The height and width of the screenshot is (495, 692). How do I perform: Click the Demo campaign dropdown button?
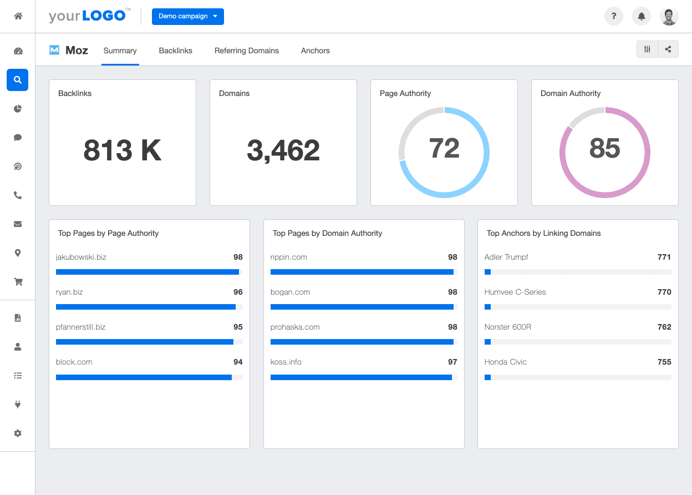pyautogui.click(x=187, y=17)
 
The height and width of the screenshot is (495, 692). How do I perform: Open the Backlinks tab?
pyautogui.click(x=175, y=50)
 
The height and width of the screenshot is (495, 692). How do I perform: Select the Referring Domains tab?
pyautogui.click(x=246, y=50)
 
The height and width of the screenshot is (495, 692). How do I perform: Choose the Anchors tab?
pyautogui.click(x=315, y=50)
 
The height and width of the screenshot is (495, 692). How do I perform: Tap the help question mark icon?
pyautogui.click(x=613, y=17)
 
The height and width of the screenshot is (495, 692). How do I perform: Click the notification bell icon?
pyautogui.click(x=642, y=17)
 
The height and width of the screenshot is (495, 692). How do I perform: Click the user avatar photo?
pyautogui.click(x=669, y=17)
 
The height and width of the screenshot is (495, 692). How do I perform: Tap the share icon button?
pyautogui.click(x=668, y=49)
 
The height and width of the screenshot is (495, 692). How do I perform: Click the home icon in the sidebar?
pyautogui.click(x=18, y=16)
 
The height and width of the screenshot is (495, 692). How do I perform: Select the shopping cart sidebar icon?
pyautogui.click(x=18, y=282)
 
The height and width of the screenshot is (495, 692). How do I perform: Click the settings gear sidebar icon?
pyautogui.click(x=18, y=433)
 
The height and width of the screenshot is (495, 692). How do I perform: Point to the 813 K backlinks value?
pyautogui.click(x=122, y=150)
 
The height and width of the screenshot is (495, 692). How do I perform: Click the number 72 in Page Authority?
pyautogui.click(x=444, y=148)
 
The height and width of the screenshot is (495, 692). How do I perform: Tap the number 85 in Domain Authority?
pyautogui.click(x=604, y=148)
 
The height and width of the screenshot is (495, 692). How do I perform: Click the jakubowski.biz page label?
pyautogui.click(x=82, y=257)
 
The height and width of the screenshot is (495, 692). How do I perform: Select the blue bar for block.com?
pyautogui.click(x=144, y=377)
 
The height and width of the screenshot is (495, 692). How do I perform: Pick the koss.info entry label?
pyautogui.click(x=286, y=362)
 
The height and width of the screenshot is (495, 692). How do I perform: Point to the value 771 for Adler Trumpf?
pyautogui.click(x=664, y=257)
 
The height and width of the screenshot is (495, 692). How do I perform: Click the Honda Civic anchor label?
pyautogui.click(x=505, y=362)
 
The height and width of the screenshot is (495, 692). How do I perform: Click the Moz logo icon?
pyautogui.click(x=54, y=50)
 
